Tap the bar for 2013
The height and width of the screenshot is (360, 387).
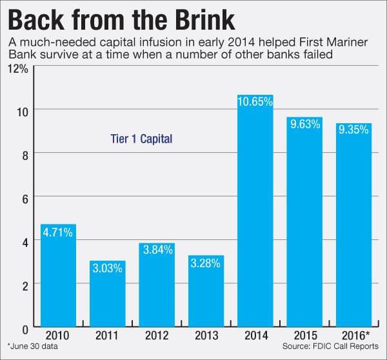tap(206, 297)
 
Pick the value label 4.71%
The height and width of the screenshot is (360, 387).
tap(59, 231)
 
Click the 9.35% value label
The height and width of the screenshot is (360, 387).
tap(353, 130)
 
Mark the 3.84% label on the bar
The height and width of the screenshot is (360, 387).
tap(157, 250)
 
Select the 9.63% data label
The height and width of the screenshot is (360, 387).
tap(304, 124)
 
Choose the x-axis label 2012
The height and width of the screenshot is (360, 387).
tap(157, 337)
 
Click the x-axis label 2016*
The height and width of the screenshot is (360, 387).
tap(354, 337)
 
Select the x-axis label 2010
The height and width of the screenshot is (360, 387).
tap(59, 337)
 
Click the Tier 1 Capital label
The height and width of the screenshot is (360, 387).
tap(140, 138)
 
